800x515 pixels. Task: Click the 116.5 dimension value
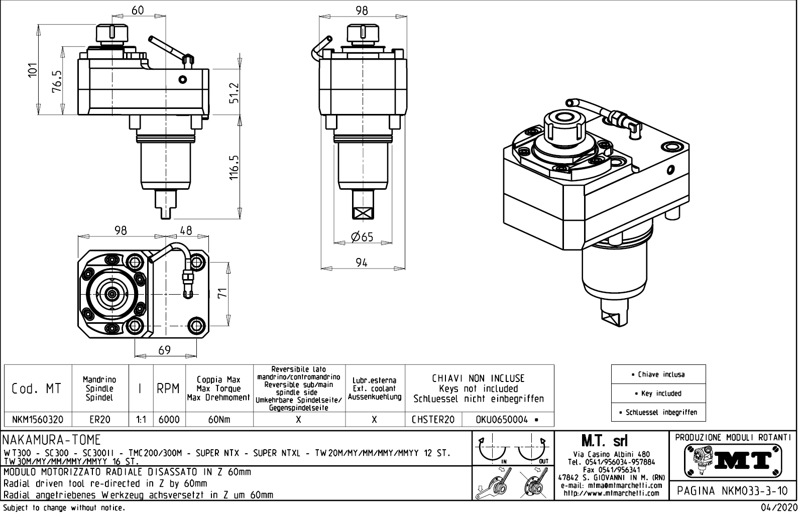tap(234, 168)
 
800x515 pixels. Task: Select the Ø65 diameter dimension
tap(362, 236)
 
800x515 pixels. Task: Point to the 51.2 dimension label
tap(234, 93)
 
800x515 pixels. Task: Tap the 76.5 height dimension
tap(57, 81)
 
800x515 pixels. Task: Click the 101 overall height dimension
tap(33, 70)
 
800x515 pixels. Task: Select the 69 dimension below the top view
tap(165, 350)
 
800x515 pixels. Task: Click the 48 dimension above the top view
tap(186, 230)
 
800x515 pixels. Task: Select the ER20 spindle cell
tap(99, 420)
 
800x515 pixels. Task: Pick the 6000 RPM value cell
tap(169, 420)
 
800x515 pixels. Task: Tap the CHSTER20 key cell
tap(433, 420)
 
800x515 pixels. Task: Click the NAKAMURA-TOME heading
tap(52, 440)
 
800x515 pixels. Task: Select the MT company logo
tap(733, 460)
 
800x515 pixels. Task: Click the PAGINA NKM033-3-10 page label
tap(733, 490)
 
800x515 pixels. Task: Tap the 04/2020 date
tap(779, 507)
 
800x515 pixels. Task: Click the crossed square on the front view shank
tap(362, 213)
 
